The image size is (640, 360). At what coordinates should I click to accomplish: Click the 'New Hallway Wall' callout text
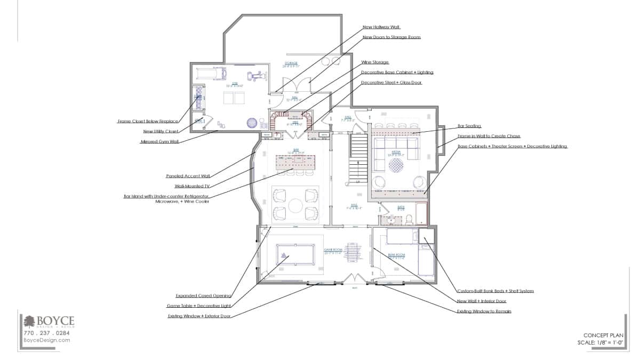(381, 27)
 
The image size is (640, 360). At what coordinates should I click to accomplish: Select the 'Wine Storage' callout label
(375, 62)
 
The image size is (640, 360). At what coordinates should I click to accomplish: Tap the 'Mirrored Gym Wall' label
(159, 142)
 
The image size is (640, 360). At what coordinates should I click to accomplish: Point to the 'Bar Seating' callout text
(469, 126)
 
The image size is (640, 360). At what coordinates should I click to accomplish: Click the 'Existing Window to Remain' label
(484, 311)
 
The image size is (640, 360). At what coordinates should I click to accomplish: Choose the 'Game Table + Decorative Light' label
(199, 306)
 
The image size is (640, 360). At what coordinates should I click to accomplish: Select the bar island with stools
(294, 165)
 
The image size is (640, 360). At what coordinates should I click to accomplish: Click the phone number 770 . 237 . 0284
(46, 333)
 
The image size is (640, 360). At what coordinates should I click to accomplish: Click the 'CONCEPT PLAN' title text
(603, 335)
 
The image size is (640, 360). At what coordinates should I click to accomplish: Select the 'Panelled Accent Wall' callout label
(188, 175)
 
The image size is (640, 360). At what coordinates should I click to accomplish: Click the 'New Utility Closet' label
(161, 131)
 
